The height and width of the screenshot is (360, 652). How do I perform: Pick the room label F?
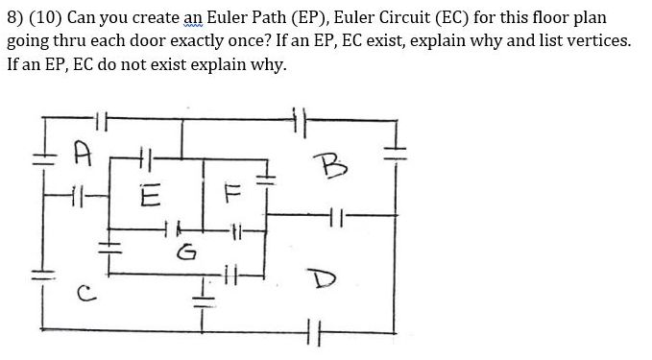coord(229,197)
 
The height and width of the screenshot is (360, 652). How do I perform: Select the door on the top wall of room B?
coord(299,121)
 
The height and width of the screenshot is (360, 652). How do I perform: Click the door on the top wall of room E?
coord(146,155)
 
